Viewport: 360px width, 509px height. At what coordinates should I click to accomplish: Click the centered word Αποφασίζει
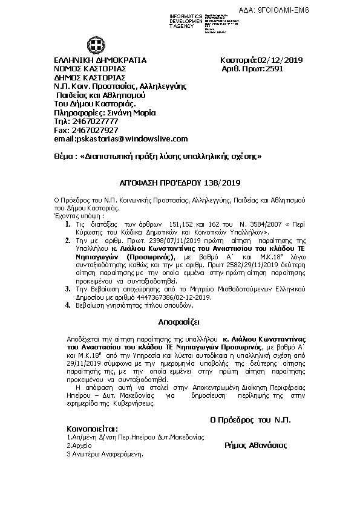179,320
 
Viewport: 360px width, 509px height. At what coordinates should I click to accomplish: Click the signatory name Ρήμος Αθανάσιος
255,445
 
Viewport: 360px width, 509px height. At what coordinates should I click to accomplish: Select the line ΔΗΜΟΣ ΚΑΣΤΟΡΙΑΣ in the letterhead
90,77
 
